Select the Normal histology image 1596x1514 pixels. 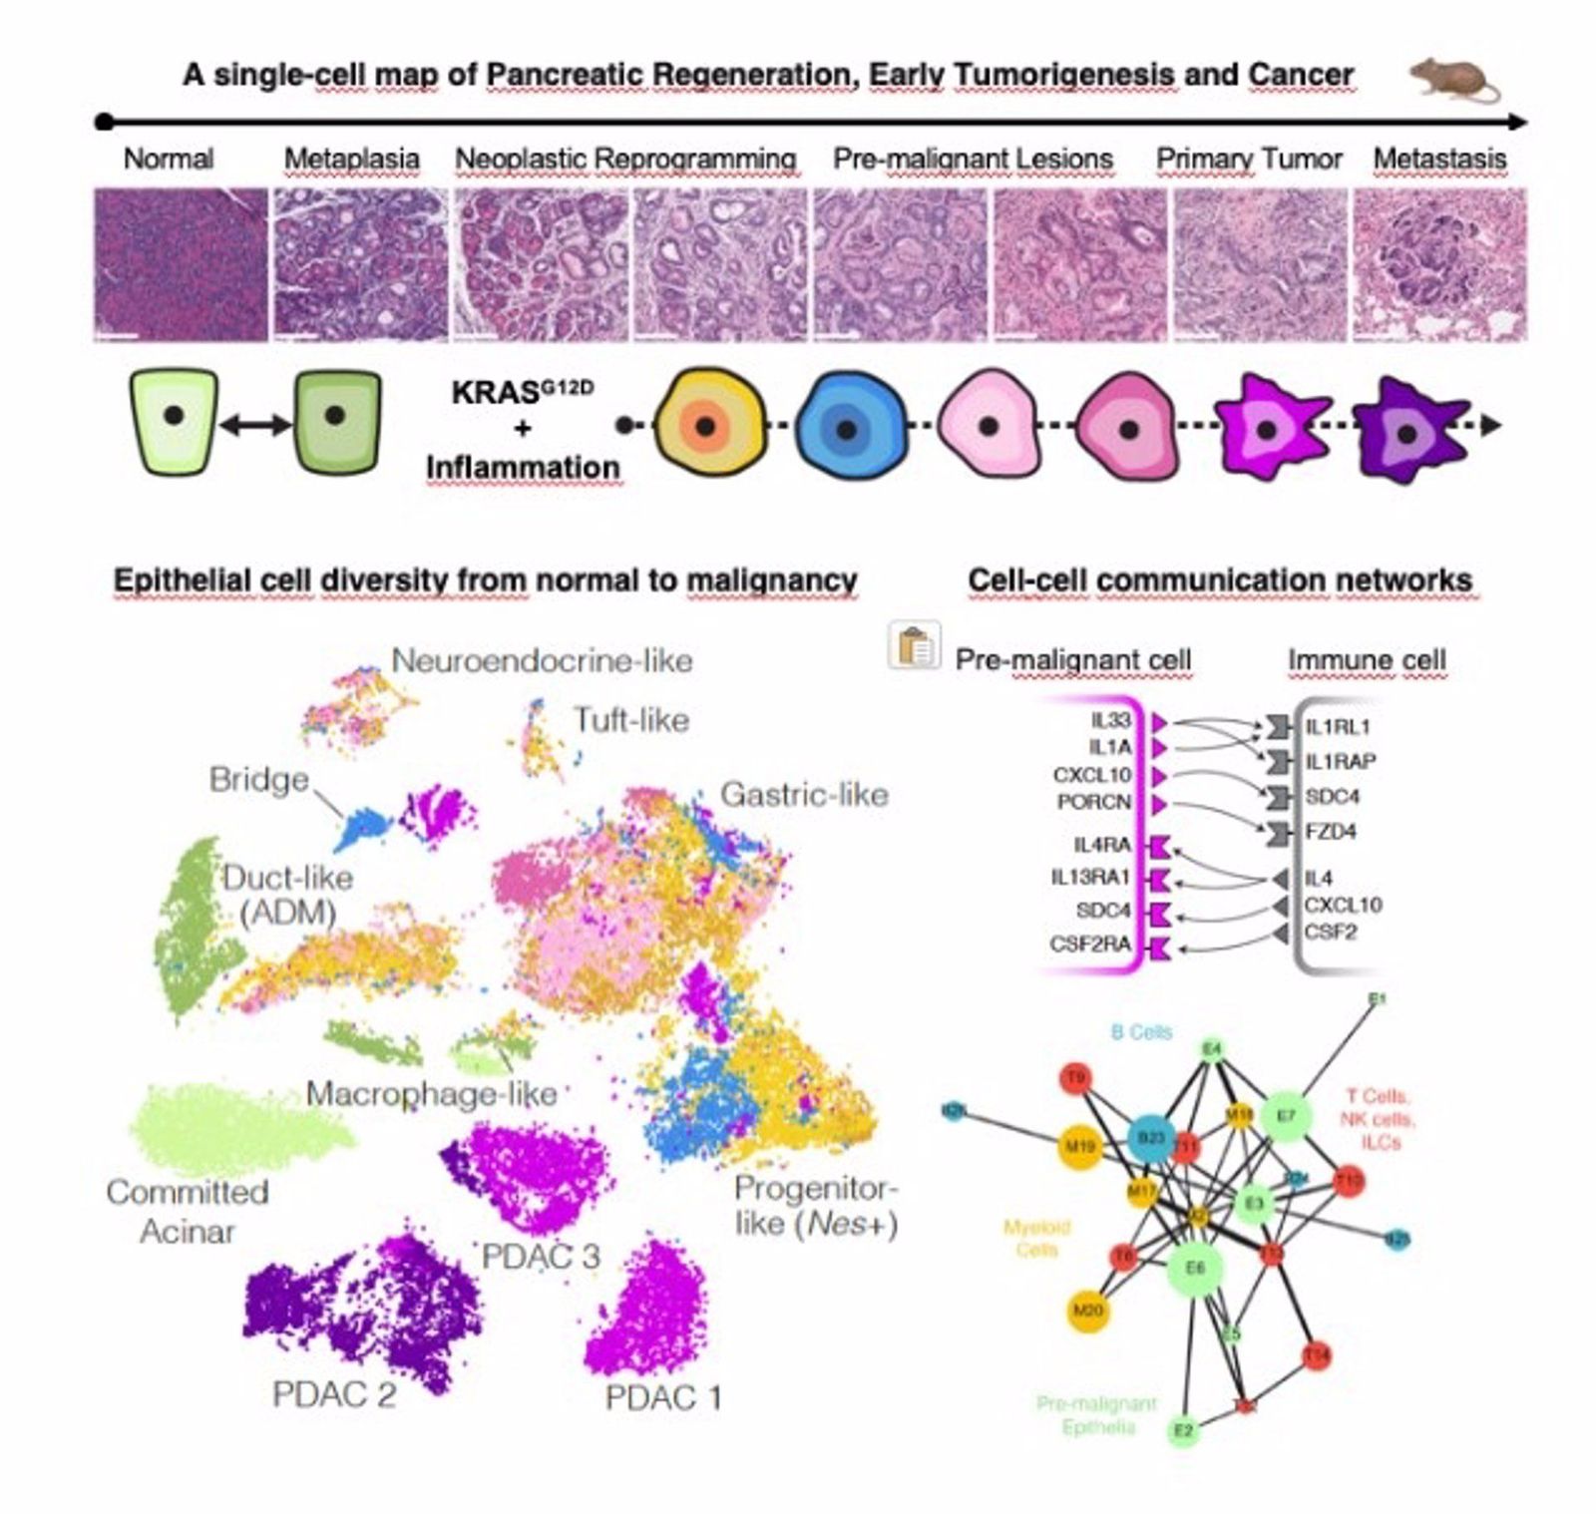(181, 264)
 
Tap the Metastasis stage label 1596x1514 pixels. (1438, 159)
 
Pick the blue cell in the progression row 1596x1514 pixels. (848, 429)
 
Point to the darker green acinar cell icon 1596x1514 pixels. (336, 420)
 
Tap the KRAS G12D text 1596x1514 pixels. (522, 392)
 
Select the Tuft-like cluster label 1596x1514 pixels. (630, 720)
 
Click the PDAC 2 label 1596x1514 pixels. (333, 1393)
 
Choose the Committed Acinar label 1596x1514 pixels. (188, 1211)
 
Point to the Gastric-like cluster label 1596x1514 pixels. (804, 795)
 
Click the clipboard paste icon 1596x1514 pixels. (914, 645)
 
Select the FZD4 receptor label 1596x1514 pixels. (1330, 831)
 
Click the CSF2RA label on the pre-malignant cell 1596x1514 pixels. (1089, 944)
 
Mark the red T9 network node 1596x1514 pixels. (1076, 1078)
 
